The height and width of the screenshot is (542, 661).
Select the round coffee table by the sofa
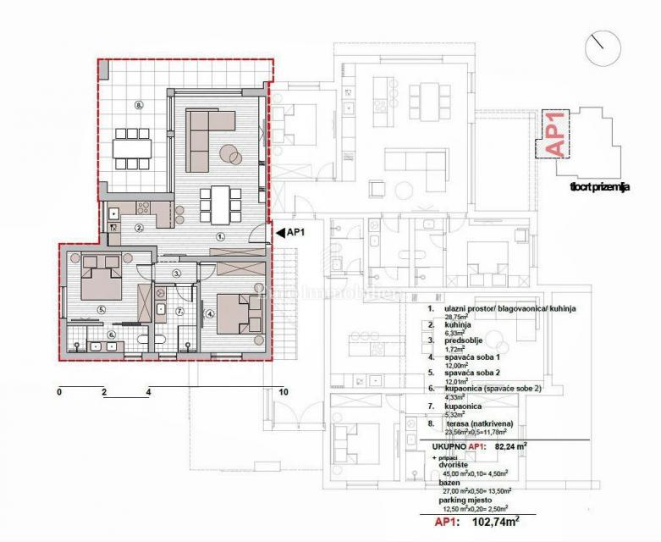(x=231, y=153)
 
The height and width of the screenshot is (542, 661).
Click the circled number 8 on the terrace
(x=140, y=105)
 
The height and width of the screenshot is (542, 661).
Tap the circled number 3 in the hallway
(x=176, y=274)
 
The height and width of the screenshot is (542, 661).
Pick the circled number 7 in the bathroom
(x=179, y=312)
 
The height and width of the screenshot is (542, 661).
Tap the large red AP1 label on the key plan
(x=555, y=134)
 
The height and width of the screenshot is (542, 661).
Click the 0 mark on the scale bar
(x=59, y=392)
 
